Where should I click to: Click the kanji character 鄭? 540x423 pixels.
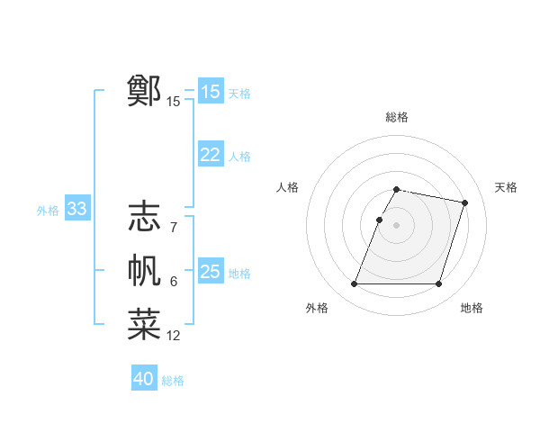click(144, 91)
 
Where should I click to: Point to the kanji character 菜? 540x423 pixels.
click(144, 325)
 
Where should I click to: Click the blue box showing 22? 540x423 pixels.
click(211, 155)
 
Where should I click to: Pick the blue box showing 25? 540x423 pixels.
click(211, 272)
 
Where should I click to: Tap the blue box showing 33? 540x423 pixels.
click(76, 210)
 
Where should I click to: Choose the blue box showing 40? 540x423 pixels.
click(144, 379)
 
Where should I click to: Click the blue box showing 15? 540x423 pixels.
click(211, 92)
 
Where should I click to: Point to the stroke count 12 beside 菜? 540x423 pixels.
click(174, 336)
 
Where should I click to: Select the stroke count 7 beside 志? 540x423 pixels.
click(173, 228)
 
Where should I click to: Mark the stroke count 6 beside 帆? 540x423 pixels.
click(173, 283)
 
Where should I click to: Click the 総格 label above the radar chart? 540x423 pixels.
click(397, 117)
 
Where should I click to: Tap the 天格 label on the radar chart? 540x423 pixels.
click(506, 187)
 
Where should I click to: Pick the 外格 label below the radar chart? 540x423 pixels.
click(317, 308)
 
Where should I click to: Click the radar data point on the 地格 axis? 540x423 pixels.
click(438, 284)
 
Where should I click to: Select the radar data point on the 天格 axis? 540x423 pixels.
click(464, 203)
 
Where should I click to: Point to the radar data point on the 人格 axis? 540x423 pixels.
click(380, 220)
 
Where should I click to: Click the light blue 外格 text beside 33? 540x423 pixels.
click(48, 211)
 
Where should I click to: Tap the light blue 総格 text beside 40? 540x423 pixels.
click(173, 381)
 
